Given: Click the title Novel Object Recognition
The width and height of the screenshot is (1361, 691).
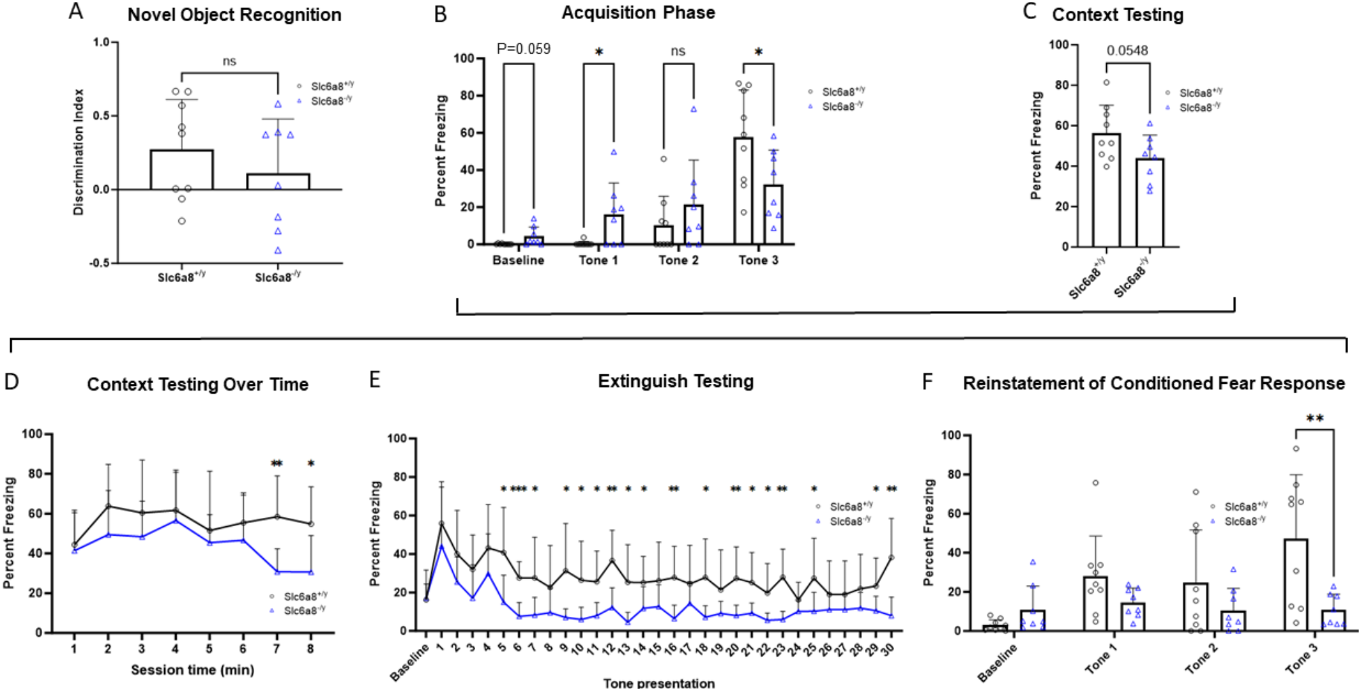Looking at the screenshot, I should tap(234, 15).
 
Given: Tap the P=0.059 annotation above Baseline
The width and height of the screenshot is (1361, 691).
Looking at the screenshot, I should tap(523, 49).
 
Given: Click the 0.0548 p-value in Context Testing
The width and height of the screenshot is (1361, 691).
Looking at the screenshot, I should tap(1127, 51).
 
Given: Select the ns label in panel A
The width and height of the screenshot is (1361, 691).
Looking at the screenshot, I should tap(230, 61).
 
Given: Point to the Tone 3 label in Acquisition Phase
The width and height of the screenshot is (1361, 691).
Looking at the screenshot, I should tap(758, 260).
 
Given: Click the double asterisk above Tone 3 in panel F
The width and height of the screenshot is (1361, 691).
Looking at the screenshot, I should tap(1314, 418).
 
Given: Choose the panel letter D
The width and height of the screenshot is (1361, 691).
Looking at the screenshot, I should tap(12, 381).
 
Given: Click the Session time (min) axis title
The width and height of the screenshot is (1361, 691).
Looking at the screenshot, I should tap(192, 670).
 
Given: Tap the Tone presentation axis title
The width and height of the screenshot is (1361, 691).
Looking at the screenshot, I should tap(659, 683).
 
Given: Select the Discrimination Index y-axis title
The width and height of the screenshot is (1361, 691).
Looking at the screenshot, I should tap(79, 152).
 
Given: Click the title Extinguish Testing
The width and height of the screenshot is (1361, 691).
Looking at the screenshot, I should tap(675, 381).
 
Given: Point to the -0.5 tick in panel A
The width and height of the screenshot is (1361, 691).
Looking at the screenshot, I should tap(99, 263).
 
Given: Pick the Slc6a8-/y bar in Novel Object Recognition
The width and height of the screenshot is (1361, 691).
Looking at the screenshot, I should tap(278, 181).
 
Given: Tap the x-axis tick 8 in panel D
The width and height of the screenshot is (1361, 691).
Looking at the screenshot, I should tap(310, 649).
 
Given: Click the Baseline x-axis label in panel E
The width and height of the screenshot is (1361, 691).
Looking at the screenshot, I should tap(409, 662).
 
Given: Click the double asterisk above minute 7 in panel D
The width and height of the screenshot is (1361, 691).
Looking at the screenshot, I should tap(277, 464).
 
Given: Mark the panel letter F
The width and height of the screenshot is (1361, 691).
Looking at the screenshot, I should tap(928, 381).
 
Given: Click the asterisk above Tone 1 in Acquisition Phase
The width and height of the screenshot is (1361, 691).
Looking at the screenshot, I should tap(598, 52).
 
